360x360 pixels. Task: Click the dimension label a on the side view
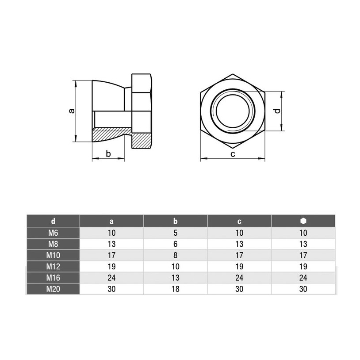(72, 111)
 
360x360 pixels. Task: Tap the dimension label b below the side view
(108, 153)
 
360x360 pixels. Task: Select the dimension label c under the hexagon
(233, 154)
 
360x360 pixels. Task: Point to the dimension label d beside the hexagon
(278, 111)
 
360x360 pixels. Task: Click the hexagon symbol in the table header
(303, 221)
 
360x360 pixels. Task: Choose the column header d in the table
(53, 221)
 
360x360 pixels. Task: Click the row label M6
(53, 233)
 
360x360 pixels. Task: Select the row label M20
(53, 289)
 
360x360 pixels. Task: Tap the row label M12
(53, 266)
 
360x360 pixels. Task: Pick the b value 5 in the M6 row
(176, 233)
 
